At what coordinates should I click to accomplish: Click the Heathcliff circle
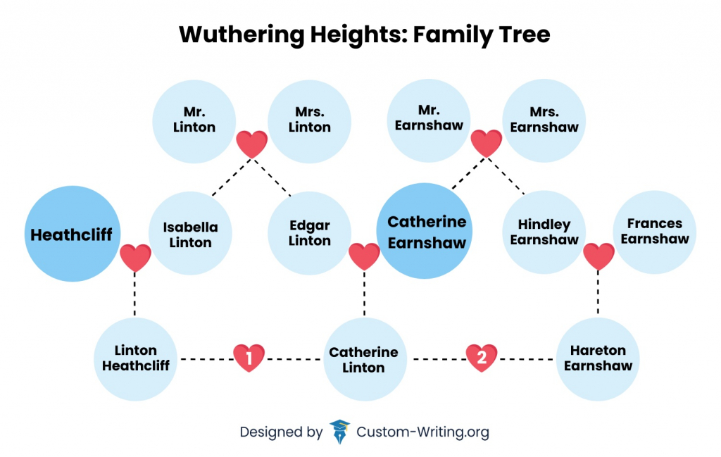73,234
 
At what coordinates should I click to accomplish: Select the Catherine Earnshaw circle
426,232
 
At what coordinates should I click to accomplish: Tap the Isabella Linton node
190,234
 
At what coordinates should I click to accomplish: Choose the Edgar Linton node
310,233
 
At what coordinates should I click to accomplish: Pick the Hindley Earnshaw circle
544,232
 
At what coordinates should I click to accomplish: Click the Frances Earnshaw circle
655,231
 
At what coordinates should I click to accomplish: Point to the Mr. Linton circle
194,120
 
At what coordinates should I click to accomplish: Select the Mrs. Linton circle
310,120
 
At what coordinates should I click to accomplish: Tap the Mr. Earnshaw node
429,118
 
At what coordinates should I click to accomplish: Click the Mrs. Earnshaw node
544,120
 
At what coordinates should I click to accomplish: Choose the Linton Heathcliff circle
136,358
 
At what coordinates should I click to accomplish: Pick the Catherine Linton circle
364,359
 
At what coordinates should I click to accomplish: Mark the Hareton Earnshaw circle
598,358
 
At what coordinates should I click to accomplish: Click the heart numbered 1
249,358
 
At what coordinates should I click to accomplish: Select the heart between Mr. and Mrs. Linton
251,144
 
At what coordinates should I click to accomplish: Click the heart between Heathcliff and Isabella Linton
135,258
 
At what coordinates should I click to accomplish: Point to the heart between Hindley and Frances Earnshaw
599,256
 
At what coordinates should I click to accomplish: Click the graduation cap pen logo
340,432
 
